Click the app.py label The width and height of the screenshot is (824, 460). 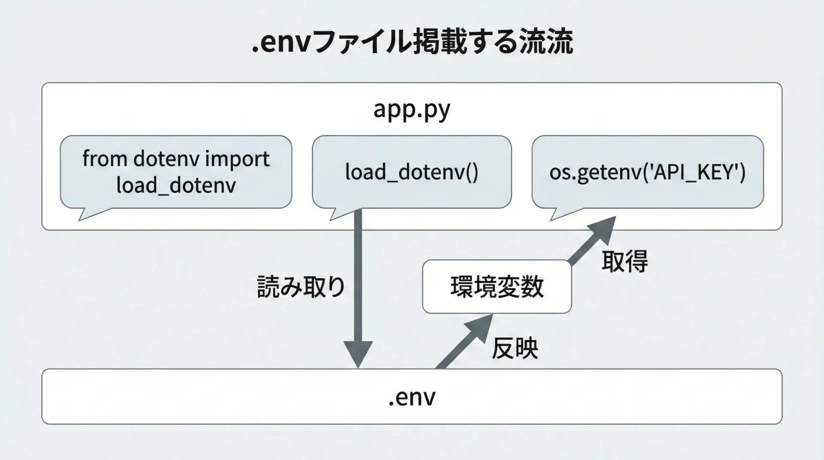click(x=412, y=110)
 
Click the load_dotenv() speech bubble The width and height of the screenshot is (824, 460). click(x=412, y=172)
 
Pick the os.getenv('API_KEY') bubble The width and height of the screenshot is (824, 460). click(x=647, y=172)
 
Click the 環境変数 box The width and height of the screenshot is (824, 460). click(x=497, y=287)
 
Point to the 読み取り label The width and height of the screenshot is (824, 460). click(x=301, y=287)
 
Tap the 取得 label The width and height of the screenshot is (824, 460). click(x=624, y=261)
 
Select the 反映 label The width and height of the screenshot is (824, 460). click(x=515, y=348)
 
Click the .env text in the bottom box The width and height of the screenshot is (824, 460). click(x=412, y=397)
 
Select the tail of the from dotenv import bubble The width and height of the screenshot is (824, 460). click(x=88, y=214)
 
